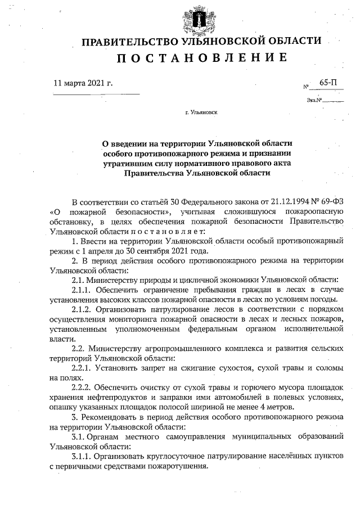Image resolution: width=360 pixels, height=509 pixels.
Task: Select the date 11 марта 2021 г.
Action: pos(84,83)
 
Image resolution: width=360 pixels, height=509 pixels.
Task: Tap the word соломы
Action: pos(330,368)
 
